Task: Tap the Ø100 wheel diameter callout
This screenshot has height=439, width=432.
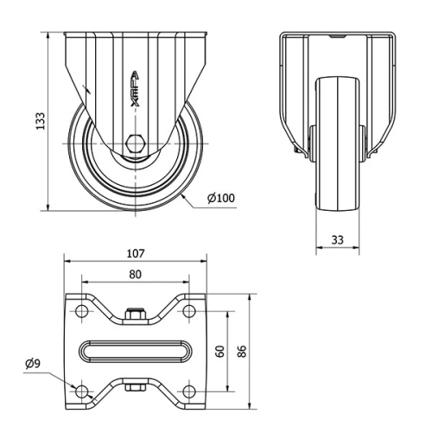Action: (222, 199)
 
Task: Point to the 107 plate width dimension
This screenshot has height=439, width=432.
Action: (135, 255)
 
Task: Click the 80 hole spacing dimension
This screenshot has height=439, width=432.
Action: (135, 275)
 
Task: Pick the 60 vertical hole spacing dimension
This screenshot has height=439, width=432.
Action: (221, 351)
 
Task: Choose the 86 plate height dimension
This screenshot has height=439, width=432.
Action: (244, 351)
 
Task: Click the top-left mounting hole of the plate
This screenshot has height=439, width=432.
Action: (83, 310)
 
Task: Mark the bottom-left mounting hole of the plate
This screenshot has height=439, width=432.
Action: (83, 391)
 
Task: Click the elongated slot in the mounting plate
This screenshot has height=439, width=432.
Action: (135, 351)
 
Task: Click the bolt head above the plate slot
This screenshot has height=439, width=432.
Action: (135, 317)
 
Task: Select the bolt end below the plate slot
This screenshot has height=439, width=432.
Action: (135, 386)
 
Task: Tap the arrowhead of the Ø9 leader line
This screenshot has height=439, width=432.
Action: (76, 388)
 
